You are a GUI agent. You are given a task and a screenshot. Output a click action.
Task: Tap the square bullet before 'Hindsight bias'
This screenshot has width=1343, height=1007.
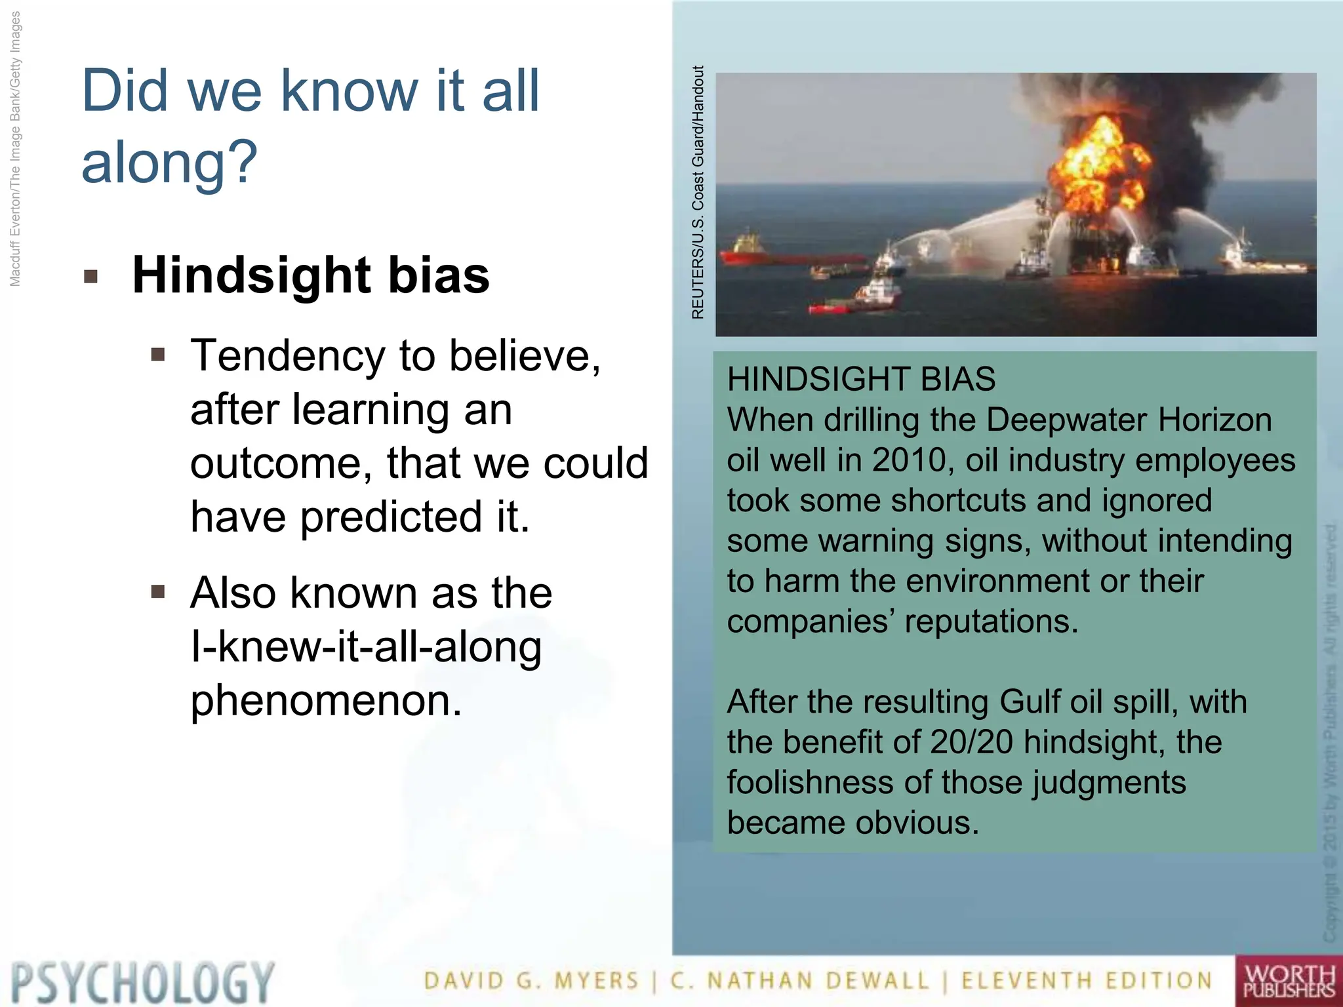coord(91,276)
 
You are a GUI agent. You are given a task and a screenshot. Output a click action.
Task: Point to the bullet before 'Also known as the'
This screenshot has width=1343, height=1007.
coord(157,592)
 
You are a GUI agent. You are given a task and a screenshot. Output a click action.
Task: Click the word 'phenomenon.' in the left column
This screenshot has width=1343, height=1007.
coord(326,700)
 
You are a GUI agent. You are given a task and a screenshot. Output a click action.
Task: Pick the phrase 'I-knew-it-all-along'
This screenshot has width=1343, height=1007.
coord(366,646)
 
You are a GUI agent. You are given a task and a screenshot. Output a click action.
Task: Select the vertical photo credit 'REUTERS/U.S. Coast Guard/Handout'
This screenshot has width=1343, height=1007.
coord(698,193)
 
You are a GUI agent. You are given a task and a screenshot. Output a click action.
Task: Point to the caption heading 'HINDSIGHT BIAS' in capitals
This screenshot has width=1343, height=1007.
coord(861,379)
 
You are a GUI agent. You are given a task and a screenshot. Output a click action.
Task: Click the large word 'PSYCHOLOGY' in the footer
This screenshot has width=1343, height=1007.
coord(142,982)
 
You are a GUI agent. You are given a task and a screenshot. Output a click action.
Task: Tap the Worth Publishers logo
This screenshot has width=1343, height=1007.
coord(1289,981)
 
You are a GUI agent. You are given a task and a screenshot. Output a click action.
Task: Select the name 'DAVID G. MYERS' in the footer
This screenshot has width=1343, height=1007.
coord(531,981)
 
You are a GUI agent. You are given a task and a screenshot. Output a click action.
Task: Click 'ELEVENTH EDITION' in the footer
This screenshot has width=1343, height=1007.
coord(1087,981)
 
